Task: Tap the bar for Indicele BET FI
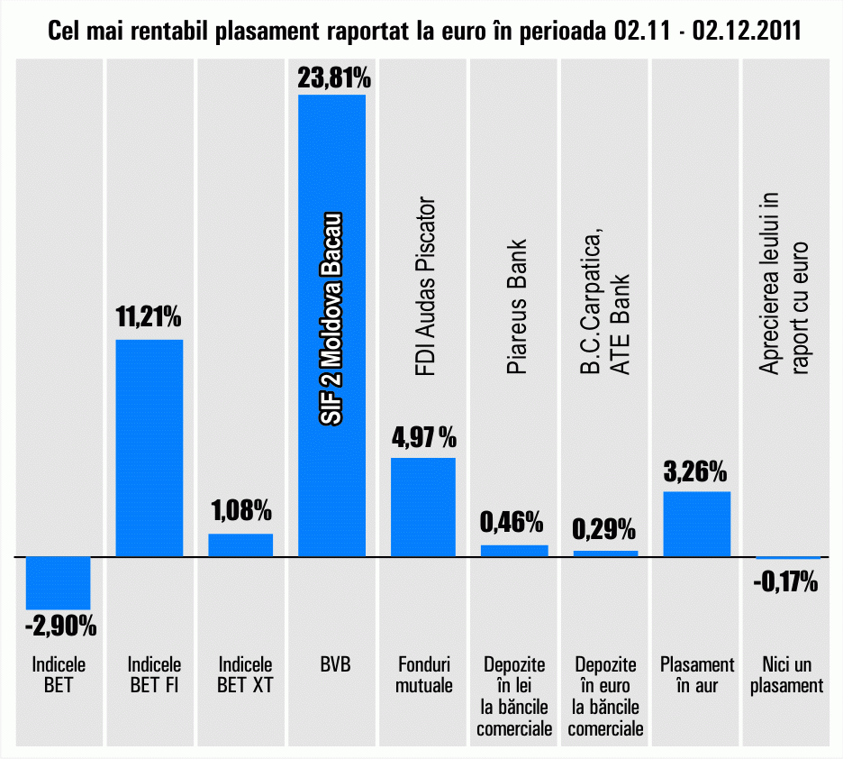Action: [150, 448]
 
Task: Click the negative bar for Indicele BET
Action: [59, 583]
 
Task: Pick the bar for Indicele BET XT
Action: [240, 545]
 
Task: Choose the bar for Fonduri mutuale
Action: [422, 508]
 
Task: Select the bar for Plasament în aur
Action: [696, 524]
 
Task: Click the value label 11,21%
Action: [150, 317]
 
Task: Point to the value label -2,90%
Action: [60, 624]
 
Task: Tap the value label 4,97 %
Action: [423, 439]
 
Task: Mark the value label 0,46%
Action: [512, 521]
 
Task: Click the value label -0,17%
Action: [785, 582]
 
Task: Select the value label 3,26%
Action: [696, 471]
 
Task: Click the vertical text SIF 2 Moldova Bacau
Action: [331, 320]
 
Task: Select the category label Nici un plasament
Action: [786, 675]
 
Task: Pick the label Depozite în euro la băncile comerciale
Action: [605, 696]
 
